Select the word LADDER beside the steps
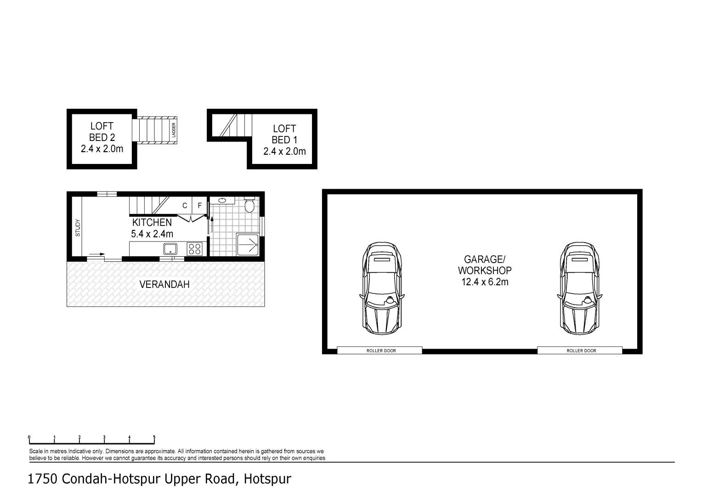174,130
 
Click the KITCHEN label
152,222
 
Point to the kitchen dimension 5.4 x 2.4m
152,234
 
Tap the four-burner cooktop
194,249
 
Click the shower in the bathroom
247,244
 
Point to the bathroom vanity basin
222,200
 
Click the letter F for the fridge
199,206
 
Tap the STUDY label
78,228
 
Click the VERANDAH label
164,285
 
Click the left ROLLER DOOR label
381,351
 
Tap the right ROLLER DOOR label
581,351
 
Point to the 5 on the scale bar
154,438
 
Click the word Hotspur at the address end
267,479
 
